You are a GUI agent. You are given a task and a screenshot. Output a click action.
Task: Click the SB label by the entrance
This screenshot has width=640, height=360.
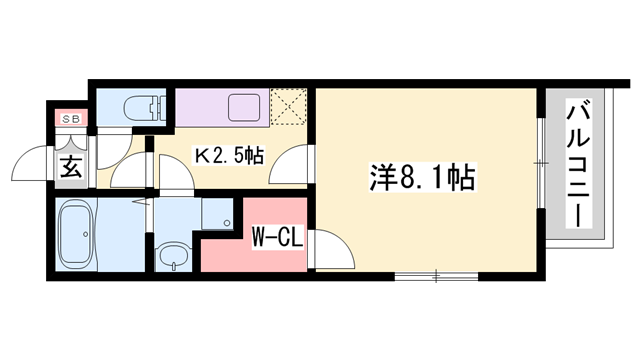pyautogui.click(x=71, y=118)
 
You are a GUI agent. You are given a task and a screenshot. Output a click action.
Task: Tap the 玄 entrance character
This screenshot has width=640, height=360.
pyautogui.click(x=72, y=167)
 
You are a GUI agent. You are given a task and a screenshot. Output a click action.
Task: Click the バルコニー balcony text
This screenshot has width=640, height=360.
pyautogui.click(x=578, y=165)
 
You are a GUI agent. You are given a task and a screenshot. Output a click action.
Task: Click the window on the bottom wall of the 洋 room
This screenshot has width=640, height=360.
pyautogui.click(x=436, y=273)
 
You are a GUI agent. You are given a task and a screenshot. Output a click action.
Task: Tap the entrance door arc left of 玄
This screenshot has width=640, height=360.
pyautogui.click(x=35, y=165)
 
